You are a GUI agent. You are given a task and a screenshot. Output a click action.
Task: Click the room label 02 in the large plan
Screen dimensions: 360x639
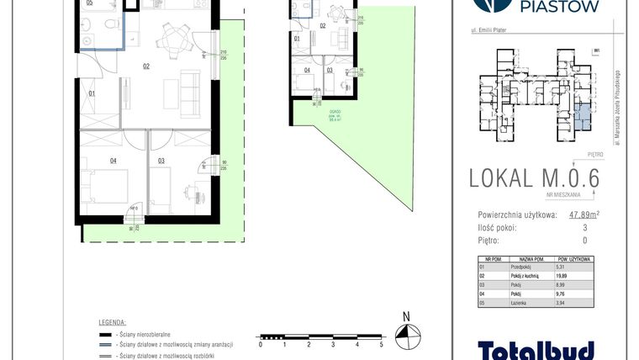pyautogui.click(x=145, y=65)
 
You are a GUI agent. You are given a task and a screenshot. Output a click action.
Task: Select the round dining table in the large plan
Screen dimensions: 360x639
pyautogui.click(x=177, y=37)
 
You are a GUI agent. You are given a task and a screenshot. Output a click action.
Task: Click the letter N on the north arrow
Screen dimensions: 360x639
pyautogui.click(x=406, y=317)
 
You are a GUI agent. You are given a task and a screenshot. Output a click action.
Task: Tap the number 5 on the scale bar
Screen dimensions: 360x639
pyautogui.click(x=381, y=344)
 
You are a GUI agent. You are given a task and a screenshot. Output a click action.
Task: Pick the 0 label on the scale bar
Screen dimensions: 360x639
pyautogui.click(x=261, y=344)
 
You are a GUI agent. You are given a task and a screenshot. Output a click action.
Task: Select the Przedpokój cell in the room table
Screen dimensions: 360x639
pyautogui.click(x=530, y=267)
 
